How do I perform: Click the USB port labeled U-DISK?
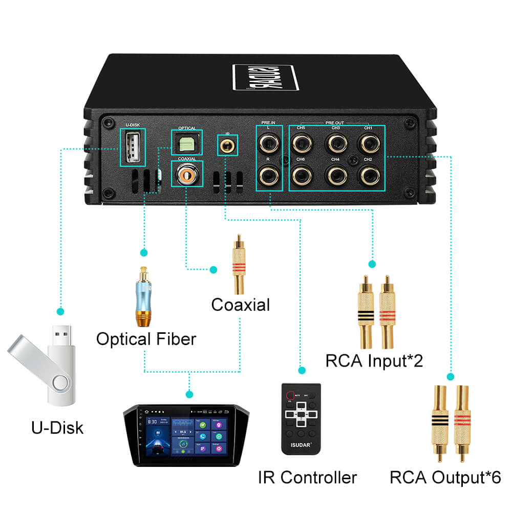click(x=132, y=146)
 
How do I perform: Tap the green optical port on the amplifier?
click(x=186, y=143)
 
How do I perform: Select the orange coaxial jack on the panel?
click(x=186, y=176)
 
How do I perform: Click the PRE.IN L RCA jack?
click(x=268, y=143)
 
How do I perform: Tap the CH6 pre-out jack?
click(x=301, y=176)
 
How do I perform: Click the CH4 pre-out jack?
click(x=335, y=176)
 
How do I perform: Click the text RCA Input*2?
click(x=374, y=360)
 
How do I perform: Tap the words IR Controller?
click(x=307, y=477)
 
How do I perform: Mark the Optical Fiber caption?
click(x=146, y=339)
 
